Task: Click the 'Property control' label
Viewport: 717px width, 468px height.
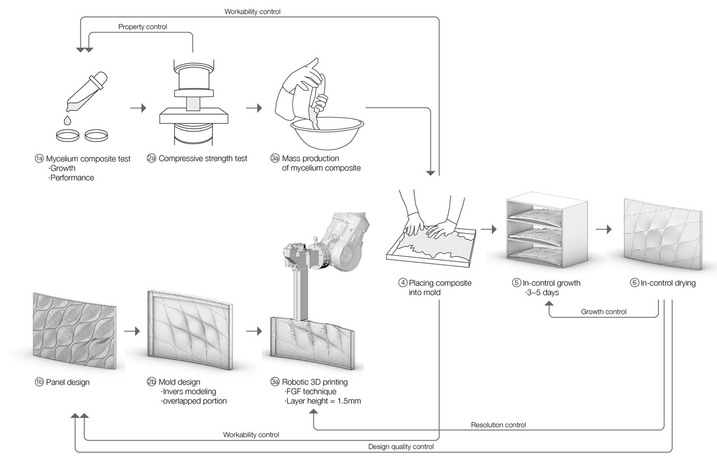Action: click(143, 27)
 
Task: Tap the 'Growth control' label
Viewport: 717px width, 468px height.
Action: click(603, 312)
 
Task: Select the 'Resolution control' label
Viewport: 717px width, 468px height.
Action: click(498, 425)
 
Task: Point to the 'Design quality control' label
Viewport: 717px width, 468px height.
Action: click(401, 446)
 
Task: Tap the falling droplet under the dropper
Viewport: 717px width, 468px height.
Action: click(67, 120)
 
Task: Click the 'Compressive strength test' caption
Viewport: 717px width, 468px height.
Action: click(203, 159)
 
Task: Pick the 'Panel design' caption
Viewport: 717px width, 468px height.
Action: click(67, 382)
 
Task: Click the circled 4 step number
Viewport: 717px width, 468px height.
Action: click(403, 283)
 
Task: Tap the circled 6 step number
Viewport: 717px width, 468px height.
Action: click(634, 283)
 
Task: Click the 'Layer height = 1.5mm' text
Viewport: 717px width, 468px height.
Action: click(323, 401)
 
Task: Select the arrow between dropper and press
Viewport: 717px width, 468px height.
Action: click(138, 108)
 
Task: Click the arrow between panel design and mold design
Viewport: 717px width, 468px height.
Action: click(132, 331)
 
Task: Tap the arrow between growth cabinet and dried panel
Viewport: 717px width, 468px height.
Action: click(604, 229)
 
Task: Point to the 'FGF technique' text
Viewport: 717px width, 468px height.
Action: click(311, 392)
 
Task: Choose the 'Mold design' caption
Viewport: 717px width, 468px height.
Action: click(179, 382)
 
